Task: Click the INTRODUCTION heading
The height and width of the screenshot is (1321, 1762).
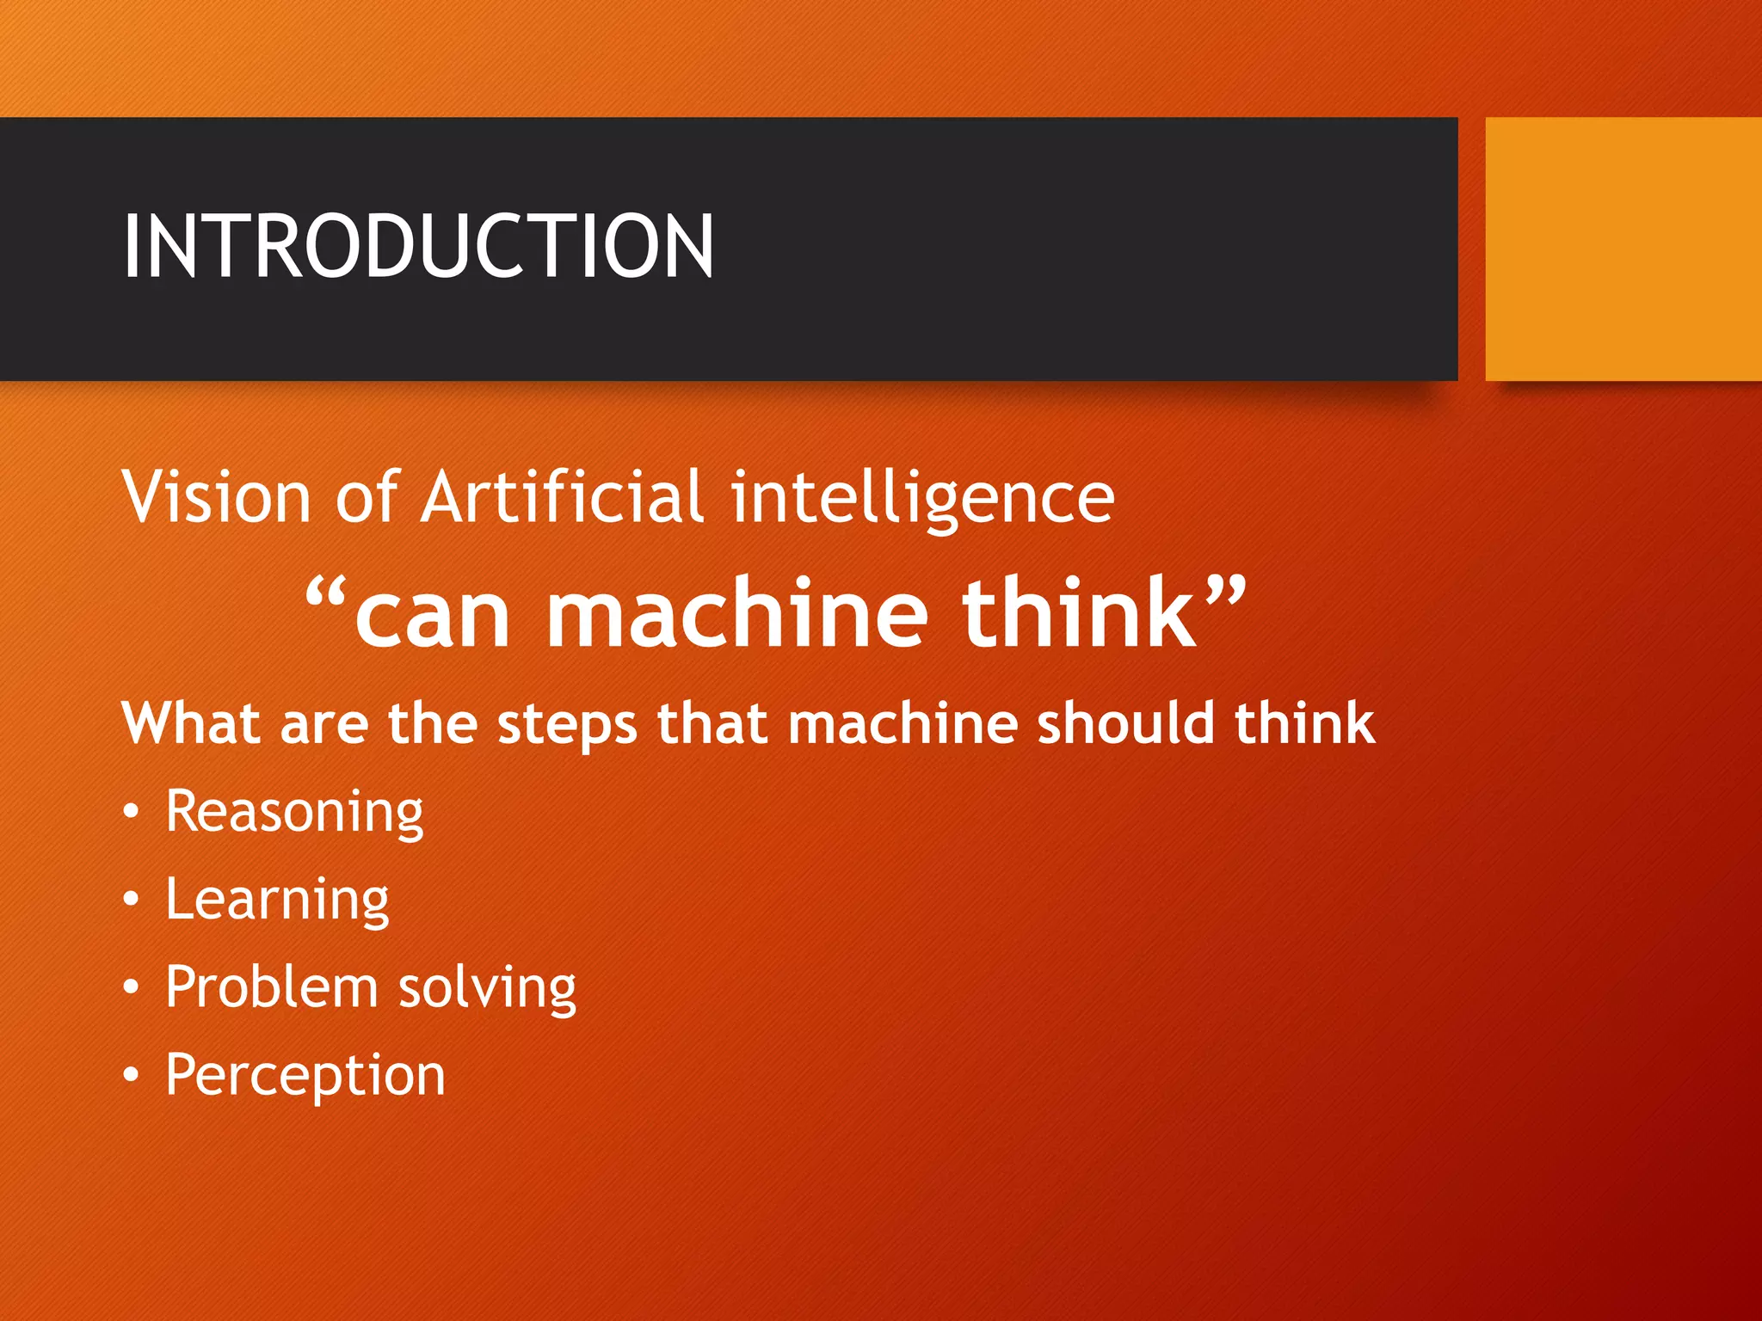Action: (x=418, y=247)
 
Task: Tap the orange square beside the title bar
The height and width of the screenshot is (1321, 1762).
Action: (x=1623, y=249)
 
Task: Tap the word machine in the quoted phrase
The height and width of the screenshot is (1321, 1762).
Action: (x=737, y=612)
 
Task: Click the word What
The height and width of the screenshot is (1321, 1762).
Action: (x=190, y=722)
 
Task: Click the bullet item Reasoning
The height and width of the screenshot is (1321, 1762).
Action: (x=294, y=812)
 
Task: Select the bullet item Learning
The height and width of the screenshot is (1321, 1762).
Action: (x=277, y=900)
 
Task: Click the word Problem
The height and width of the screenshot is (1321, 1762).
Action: (x=271, y=986)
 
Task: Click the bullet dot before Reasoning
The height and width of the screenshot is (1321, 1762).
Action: (x=130, y=813)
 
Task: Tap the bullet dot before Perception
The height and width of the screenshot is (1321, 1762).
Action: (x=130, y=1075)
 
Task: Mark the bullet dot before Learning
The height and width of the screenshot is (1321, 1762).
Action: (x=130, y=900)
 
